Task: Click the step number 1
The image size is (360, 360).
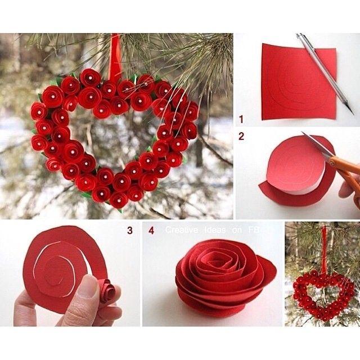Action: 241,119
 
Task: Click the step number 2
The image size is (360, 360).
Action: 241,136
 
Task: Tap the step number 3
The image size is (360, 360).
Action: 130,230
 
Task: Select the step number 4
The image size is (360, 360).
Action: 151,230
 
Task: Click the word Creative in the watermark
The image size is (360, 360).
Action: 182,230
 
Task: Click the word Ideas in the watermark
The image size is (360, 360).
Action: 215,230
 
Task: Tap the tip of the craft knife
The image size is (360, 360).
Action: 353,114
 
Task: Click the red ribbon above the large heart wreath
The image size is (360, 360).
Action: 115,57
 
